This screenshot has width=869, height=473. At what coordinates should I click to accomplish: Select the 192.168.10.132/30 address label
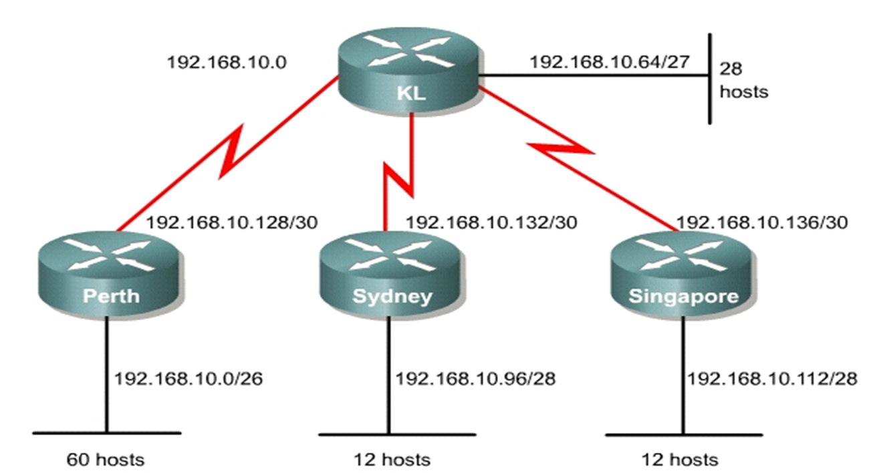(491, 222)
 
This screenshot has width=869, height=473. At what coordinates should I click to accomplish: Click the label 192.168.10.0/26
(189, 379)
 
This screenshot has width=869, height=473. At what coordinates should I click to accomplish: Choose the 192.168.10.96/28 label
(475, 379)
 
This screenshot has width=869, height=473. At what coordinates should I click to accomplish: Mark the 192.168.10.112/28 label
(772, 379)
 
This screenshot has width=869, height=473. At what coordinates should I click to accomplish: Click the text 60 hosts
(105, 460)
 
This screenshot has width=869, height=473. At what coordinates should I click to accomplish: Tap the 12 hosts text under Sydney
(392, 460)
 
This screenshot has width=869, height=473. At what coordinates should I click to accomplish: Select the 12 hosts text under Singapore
(680, 460)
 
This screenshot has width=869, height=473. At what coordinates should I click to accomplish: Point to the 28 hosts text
(743, 80)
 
